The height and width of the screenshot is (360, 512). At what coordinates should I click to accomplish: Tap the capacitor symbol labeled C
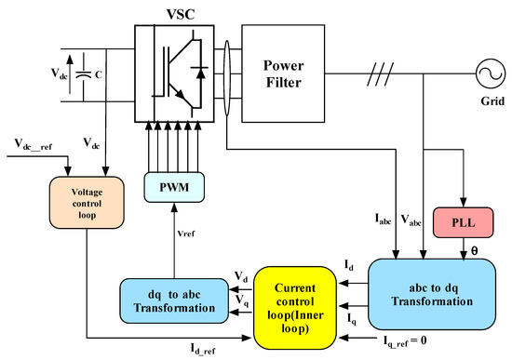(x=85, y=66)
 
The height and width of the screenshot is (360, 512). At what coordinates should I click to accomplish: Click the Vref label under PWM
(x=187, y=233)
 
